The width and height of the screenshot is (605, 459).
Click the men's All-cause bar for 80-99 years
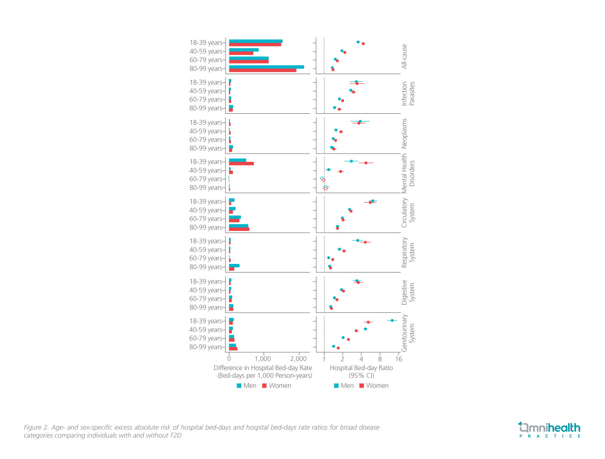[x=266, y=67]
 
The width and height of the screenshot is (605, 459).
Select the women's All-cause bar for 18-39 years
[x=255, y=44]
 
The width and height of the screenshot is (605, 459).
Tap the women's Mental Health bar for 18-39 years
[x=241, y=164]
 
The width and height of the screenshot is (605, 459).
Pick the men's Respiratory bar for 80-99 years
[x=234, y=265]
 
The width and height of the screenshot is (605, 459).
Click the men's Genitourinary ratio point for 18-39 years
[x=392, y=320]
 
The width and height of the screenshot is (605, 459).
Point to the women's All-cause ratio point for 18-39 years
[x=363, y=44]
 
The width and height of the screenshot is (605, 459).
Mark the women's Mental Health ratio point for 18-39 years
[x=366, y=163]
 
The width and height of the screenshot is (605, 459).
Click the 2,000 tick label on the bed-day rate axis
[x=298, y=359]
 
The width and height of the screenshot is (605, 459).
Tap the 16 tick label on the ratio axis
[x=399, y=359]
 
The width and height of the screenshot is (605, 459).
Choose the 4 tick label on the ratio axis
[x=361, y=359]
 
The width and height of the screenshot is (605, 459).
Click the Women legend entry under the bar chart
[x=277, y=386]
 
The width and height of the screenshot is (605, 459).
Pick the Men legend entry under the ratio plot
[x=344, y=386]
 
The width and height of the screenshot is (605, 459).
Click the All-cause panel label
[x=404, y=56]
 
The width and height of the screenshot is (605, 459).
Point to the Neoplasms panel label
[x=404, y=133]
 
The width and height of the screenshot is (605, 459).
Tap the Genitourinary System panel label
[x=408, y=333]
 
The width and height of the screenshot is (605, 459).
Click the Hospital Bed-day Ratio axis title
[x=361, y=368]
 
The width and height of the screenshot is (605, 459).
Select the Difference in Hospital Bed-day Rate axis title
[x=263, y=368]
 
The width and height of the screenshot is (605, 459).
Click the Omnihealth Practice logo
[x=550, y=429]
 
